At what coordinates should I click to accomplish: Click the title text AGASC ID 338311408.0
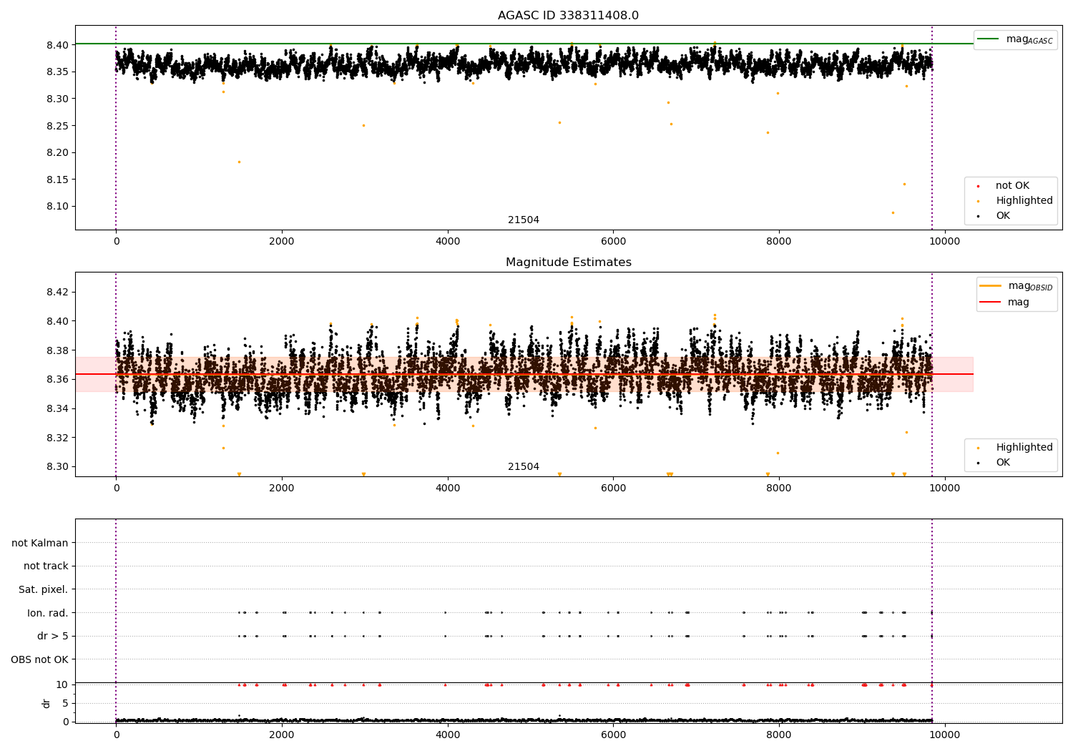568,16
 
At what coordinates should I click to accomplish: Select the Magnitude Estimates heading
568,262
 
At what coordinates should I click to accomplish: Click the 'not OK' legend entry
1012,186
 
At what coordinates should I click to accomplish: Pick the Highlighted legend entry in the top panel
1024,201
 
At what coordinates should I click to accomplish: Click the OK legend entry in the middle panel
1003,463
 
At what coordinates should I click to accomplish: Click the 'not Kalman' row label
40,544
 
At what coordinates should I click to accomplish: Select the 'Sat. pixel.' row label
43,590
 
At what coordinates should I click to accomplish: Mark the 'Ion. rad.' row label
47,613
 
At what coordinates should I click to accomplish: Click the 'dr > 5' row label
52,637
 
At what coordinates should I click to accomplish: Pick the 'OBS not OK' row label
39,659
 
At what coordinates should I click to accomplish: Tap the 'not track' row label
46,566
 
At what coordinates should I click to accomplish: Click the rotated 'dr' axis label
46,703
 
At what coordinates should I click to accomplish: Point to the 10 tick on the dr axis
62,685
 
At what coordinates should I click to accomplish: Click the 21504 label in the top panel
524,220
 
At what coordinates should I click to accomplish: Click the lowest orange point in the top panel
893,212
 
